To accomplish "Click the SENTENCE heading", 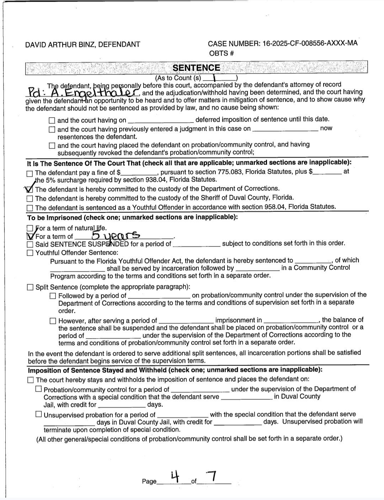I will click(x=196, y=68).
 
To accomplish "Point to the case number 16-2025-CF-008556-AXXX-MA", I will click(x=310, y=43).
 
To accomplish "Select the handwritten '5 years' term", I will click(x=116, y=235).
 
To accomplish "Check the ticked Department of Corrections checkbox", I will click(x=30, y=189).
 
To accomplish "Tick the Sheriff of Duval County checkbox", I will click(x=30, y=198).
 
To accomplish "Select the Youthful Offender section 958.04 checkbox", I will click(x=30, y=207).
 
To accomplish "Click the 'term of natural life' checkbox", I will click(x=30, y=228).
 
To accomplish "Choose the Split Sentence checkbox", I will click(x=30, y=287).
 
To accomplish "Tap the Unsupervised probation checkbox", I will click(x=38, y=414).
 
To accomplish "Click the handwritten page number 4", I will click(x=174, y=476).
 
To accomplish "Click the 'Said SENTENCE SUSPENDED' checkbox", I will click(x=30, y=244).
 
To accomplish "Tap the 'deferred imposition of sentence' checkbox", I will click(x=52, y=120).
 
